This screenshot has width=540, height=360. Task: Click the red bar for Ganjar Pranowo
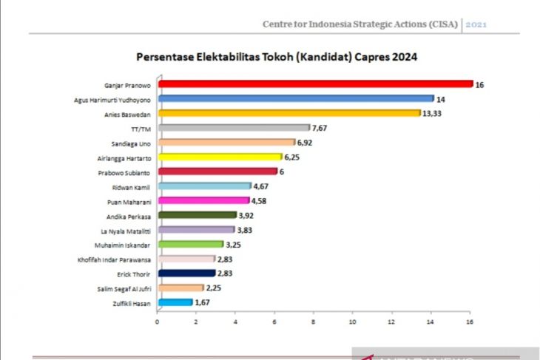tap(314, 84)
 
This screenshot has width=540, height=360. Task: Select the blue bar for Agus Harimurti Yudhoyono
tap(295, 98)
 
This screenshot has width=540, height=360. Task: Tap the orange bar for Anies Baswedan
tap(288, 113)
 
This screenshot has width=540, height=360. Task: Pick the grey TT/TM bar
tap(233, 128)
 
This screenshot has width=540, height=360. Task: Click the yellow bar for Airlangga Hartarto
tap(219, 157)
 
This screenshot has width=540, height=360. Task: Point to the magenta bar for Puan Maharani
tap(203, 200)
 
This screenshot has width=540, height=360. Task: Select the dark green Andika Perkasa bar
tap(196, 215)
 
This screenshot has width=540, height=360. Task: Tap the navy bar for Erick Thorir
tap(186, 273)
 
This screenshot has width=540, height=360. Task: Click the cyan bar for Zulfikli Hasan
tap(175, 302)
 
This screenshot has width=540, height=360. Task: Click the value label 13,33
tap(433, 113)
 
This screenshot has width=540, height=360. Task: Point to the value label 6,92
tap(304, 142)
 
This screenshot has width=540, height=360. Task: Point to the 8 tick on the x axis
tap(314, 322)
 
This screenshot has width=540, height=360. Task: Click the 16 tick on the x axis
tap(470, 322)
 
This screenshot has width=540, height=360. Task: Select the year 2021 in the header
tap(476, 24)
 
